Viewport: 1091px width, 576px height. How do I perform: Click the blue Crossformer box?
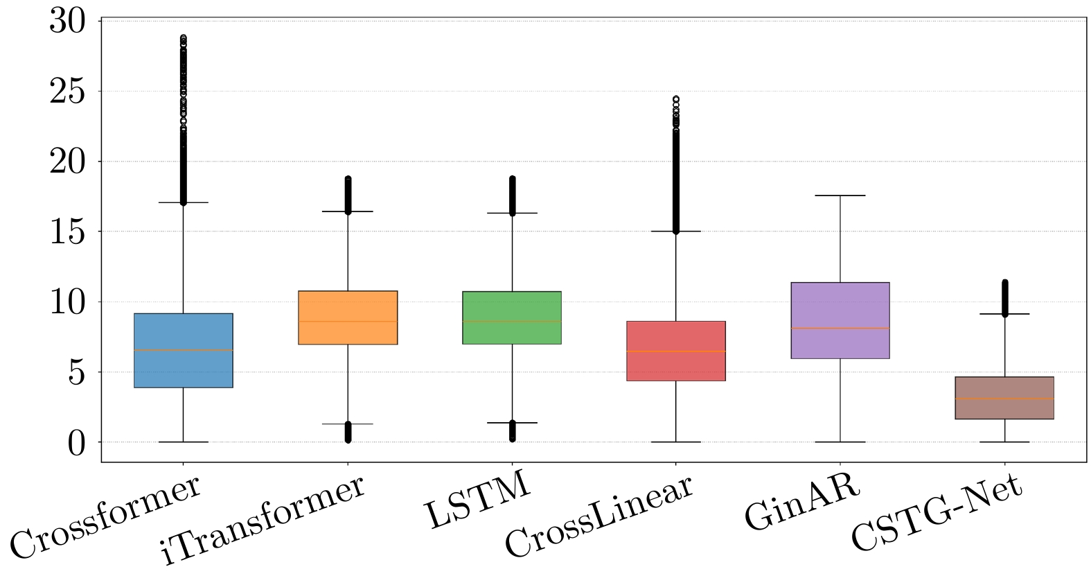coord(183,350)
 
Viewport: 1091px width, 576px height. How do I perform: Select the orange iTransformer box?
coord(348,317)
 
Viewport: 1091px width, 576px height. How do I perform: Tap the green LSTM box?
coord(512,317)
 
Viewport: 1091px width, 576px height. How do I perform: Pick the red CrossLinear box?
coord(676,351)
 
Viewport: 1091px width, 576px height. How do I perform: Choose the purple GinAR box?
coord(840,320)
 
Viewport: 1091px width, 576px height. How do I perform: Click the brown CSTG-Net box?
coord(1004,398)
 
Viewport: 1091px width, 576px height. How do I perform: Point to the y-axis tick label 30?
coord(68,21)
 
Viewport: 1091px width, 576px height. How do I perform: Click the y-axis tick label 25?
coord(68,91)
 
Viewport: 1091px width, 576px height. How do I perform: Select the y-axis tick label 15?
coord(68,232)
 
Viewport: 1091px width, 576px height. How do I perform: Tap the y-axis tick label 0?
coord(76,444)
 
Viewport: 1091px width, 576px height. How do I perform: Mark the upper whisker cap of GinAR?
coord(840,195)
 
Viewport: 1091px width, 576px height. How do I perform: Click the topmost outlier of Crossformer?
coord(183,37)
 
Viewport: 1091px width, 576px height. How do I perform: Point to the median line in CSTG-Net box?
coord(1004,399)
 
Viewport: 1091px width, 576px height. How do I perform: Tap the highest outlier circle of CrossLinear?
coord(676,99)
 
